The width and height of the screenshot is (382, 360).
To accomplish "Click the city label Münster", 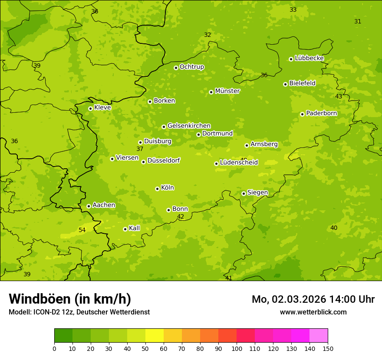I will (x=227, y=91).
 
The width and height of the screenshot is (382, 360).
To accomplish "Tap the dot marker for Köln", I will (x=157, y=189).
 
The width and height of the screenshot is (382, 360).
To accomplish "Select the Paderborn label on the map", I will (x=321, y=113).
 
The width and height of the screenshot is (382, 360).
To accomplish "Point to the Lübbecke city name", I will (x=309, y=58).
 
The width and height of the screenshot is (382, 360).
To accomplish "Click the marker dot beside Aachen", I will (x=89, y=206).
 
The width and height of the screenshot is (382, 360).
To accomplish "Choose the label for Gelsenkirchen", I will (x=189, y=126).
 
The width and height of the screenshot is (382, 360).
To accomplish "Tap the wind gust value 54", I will (x=82, y=230).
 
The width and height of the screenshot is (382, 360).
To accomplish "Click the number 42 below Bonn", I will (x=181, y=216).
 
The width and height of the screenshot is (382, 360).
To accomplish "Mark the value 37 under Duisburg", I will (x=140, y=149).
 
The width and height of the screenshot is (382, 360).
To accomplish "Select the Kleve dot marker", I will (x=90, y=108).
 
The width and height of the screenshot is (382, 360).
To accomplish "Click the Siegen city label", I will (x=257, y=193).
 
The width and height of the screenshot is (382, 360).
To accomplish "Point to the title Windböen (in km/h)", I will (x=70, y=299).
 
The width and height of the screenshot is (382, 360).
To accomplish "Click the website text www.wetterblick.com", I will (x=313, y=312).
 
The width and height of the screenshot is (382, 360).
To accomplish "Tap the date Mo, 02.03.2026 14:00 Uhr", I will (x=313, y=299).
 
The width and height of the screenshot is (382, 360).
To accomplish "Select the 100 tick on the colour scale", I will (x=237, y=348).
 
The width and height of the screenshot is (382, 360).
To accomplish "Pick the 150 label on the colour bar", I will (x=328, y=348).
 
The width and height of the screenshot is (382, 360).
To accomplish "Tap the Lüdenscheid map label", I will (x=239, y=163).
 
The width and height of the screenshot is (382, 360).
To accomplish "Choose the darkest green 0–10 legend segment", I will (x=63, y=336).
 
